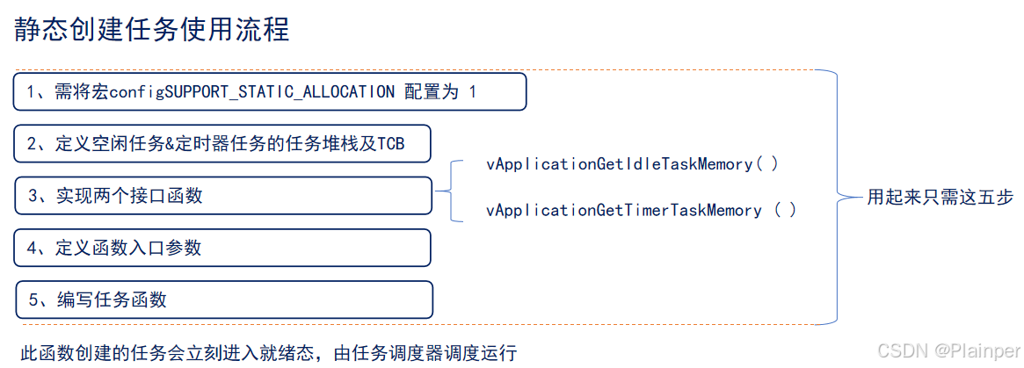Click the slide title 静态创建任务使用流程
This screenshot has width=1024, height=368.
click(151, 29)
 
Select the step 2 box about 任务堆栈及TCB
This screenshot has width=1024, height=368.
click(222, 144)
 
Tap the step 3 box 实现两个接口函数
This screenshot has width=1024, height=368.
click(223, 195)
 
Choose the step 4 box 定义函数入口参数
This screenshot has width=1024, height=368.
click(222, 248)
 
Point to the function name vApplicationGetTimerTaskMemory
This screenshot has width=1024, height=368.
click(623, 210)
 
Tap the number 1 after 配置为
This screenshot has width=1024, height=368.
click(472, 91)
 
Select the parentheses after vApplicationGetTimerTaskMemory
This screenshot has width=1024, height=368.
click(785, 210)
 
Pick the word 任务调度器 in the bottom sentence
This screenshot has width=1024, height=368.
click(394, 353)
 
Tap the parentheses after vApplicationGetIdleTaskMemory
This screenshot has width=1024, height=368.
click(767, 163)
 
